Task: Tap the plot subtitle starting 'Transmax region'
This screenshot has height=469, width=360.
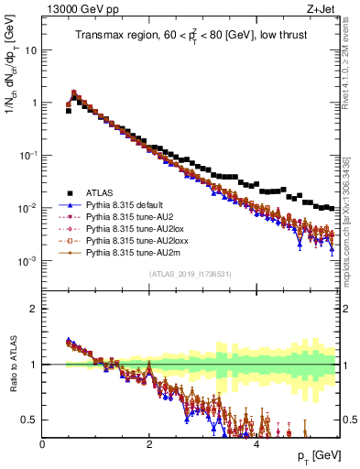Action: [190, 35]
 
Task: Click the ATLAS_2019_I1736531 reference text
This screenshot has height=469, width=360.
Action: [190, 275]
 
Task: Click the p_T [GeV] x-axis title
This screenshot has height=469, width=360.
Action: [315, 455]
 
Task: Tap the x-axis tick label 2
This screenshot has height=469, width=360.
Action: [149, 443]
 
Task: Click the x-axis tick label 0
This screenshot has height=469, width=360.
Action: [42, 443]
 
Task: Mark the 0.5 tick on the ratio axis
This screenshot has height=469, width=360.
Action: [30, 420]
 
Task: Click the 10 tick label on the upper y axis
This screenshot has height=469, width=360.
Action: [30, 49]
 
